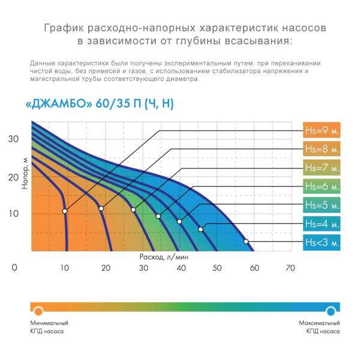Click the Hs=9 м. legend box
pyautogui.click(x=322, y=130)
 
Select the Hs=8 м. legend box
pyautogui.click(x=322, y=149)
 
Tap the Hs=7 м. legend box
pyautogui.click(x=322, y=167)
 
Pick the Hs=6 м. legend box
pyautogui.click(x=322, y=186)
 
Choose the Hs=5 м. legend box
pyautogui.click(x=322, y=205)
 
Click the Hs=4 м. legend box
pyautogui.click(x=322, y=224)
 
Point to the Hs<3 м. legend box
pyautogui.click(x=322, y=242)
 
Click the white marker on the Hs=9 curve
pyautogui.click(x=65, y=211)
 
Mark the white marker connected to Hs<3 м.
pyautogui.click(x=246, y=242)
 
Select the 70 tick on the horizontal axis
pyautogui.click(x=290, y=268)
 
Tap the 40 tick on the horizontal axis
pyautogui.click(x=179, y=268)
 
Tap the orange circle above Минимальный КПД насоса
pyautogui.click(x=38, y=310)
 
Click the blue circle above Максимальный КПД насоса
pyautogui.click(x=331, y=310)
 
